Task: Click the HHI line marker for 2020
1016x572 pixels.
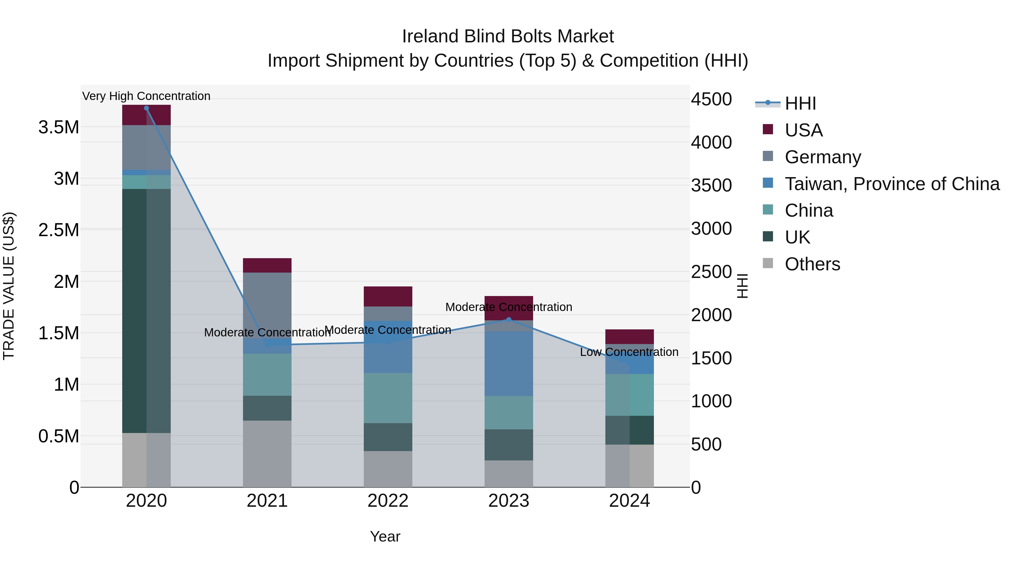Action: (x=146, y=108)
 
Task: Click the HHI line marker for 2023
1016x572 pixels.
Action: (x=508, y=320)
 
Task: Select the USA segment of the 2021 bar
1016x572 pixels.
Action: (x=267, y=265)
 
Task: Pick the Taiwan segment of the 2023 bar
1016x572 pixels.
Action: (x=508, y=364)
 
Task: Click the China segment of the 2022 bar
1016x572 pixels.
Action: (x=388, y=398)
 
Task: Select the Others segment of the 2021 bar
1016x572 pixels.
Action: (x=267, y=454)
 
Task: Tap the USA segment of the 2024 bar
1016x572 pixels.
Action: (x=629, y=337)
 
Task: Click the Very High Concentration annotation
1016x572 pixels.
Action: (x=146, y=96)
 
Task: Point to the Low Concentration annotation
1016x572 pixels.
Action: (x=629, y=352)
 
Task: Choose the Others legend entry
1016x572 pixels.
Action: (x=812, y=264)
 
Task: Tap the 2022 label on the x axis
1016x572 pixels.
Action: (x=388, y=501)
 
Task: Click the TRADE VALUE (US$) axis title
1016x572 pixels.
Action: (x=9, y=286)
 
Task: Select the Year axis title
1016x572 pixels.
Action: (x=385, y=536)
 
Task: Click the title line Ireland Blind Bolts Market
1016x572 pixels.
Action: (x=508, y=36)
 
